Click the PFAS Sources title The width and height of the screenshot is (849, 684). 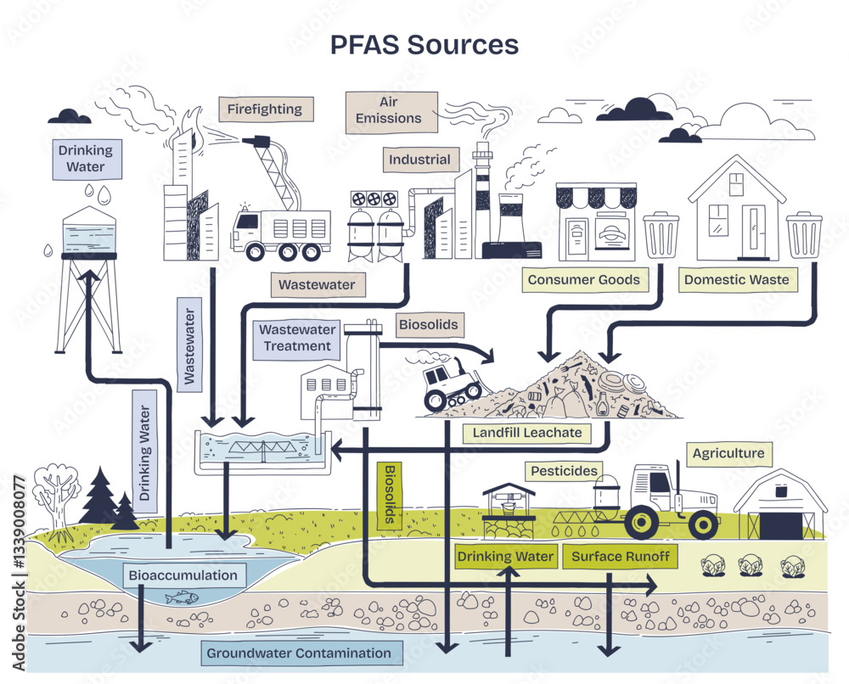coord(424,44)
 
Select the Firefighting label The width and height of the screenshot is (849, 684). coord(265,109)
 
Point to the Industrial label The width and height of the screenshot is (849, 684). coord(419,160)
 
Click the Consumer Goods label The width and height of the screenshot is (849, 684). coord(583,279)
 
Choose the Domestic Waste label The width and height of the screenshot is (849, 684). coord(736,279)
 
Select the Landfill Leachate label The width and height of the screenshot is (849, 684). coord(527,432)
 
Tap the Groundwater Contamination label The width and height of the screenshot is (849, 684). coord(299,653)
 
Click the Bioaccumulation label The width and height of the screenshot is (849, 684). coord(183,575)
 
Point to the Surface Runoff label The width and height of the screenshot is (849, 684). coord(621,557)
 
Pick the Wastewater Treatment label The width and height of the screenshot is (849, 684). coord(296,338)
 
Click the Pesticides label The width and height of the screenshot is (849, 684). coord(564,470)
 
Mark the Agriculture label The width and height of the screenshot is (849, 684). coord(728,453)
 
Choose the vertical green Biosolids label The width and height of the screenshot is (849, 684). coord(391,496)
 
